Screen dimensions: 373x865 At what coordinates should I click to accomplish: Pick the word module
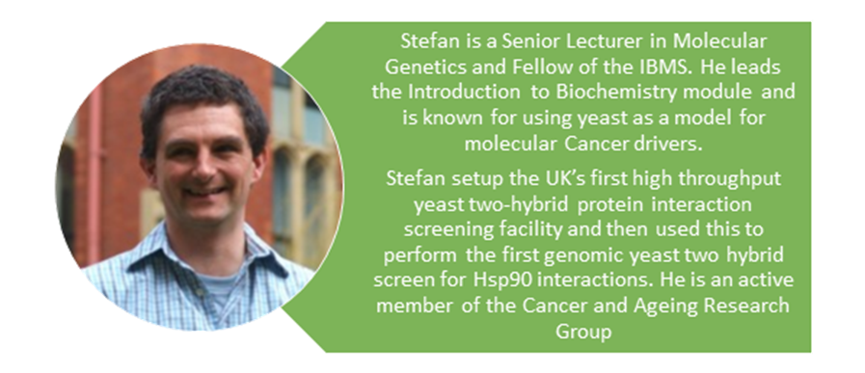click(697, 93)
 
